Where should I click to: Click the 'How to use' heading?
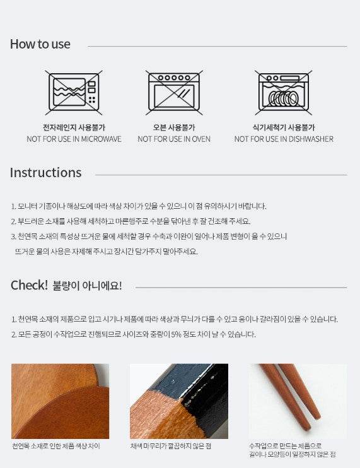point(40,44)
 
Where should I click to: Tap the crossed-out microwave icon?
point(74,93)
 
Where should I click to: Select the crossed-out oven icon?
point(174,93)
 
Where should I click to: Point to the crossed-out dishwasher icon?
point(284,93)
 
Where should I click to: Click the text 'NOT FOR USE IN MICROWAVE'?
point(74,139)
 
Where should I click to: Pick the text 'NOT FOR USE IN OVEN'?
point(174,139)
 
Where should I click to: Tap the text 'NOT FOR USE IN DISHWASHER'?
point(284,139)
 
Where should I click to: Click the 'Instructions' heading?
point(45,173)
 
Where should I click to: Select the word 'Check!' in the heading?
point(29,285)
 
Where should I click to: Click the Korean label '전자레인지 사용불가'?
point(74,127)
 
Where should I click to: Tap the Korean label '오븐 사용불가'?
point(174,127)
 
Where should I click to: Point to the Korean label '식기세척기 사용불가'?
point(284,127)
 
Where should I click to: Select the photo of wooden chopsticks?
point(298,401)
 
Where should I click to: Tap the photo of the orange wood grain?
point(61,401)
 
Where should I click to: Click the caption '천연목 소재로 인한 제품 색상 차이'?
point(56,446)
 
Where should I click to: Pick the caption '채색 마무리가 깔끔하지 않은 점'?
point(171,446)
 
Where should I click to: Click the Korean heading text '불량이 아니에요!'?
point(87,286)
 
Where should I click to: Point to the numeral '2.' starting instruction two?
point(14,221)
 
